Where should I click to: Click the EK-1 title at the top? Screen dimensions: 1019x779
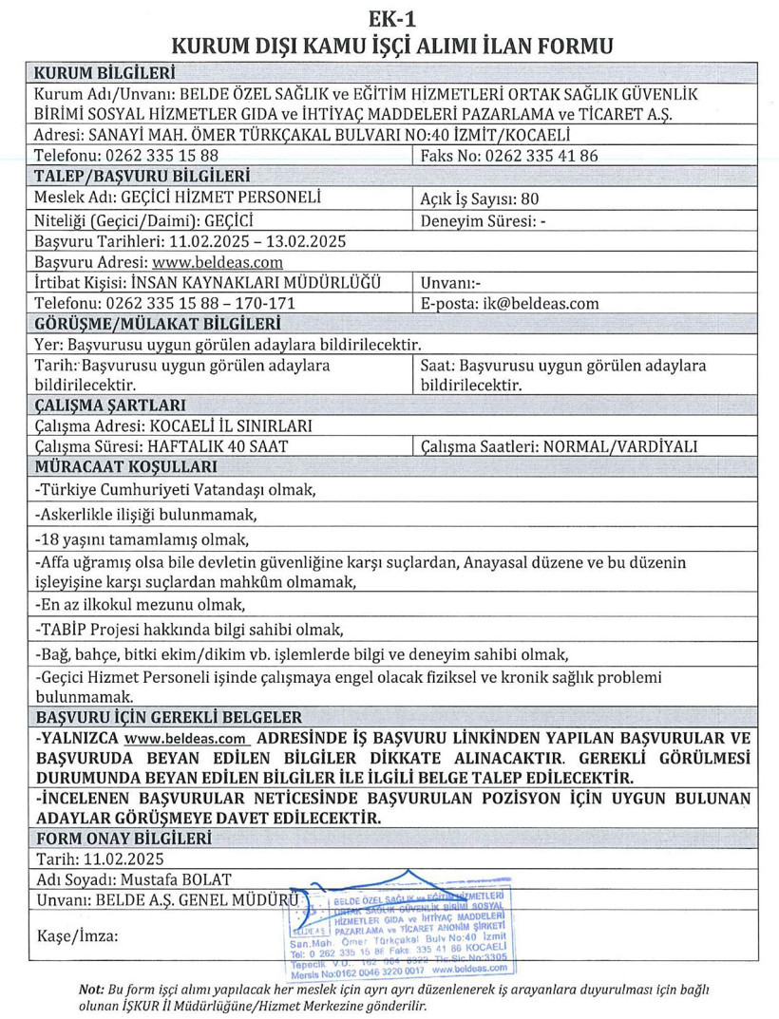[x=389, y=16]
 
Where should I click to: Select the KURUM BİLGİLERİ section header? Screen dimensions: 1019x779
[x=104, y=73]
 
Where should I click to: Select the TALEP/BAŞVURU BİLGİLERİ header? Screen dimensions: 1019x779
[x=142, y=177]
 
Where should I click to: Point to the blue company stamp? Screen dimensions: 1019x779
[x=398, y=934]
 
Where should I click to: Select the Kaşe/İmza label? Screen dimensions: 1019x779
[x=77, y=935]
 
